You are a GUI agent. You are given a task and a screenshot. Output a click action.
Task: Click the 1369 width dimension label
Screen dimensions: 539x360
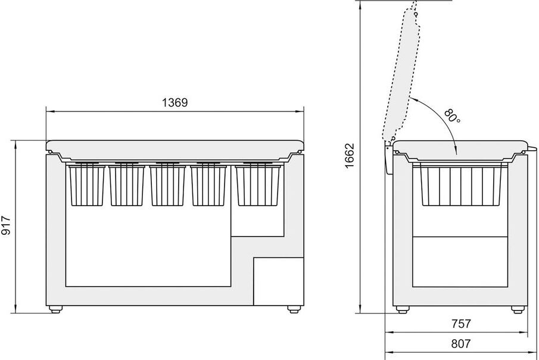pyautogui.click(x=175, y=102)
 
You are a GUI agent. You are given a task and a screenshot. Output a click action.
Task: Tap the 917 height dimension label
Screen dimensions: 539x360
pyautogui.click(x=6, y=225)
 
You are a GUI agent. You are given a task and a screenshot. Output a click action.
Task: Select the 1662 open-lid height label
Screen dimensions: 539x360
pyautogui.click(x=349, y=156)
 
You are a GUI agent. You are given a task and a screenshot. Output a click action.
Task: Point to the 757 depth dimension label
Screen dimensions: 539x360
pyautogui.click(x=460, y=324)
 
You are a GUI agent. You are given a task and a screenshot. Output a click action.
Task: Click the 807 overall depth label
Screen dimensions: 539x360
pyautogui.click(x=460, y=343)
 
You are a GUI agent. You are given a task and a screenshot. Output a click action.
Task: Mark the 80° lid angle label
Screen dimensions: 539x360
pyautogui.click(x=452, y=116)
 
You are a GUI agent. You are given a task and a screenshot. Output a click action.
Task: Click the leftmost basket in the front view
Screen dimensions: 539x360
pyautogui.click(x=86, y=185)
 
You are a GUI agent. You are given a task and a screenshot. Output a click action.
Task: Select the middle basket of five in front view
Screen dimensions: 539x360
pyautogui.click(x=168, y=185)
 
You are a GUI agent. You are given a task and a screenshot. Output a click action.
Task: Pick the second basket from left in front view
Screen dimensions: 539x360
pyautogui.click(x=127, y=185)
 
